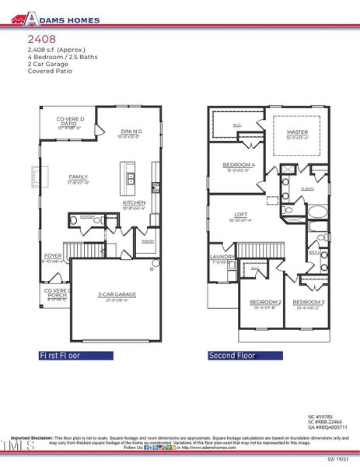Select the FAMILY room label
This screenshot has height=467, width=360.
79,177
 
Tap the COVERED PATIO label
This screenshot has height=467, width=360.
70,123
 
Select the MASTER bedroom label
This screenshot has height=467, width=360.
298,132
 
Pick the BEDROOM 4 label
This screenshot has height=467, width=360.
238,165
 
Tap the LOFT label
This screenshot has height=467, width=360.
242,216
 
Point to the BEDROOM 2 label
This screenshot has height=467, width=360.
265,302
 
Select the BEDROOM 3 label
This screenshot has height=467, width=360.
309,302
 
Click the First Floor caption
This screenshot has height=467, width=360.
71,356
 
